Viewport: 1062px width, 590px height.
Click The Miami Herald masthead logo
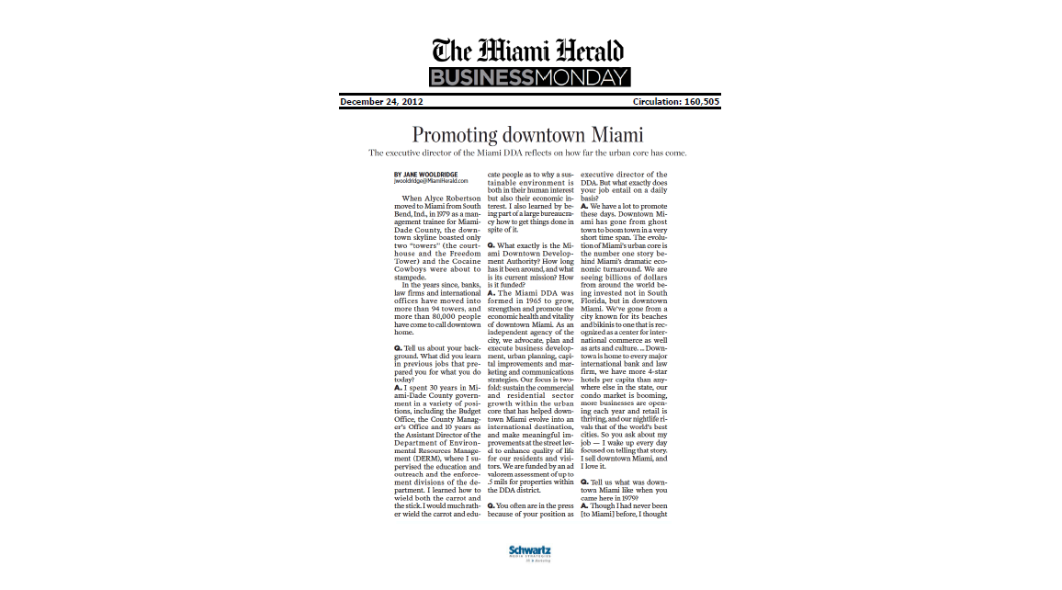point(529,50)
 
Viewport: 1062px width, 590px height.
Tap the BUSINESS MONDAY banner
point(529,77)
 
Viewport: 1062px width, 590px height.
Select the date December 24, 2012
point(381,101)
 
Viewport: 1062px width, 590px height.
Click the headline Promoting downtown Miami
point(527,134)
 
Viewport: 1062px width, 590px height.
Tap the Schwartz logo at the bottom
point(530,552)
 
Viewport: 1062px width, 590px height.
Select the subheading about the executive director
point(527,153)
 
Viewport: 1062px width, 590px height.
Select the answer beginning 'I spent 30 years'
point(435,389)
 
